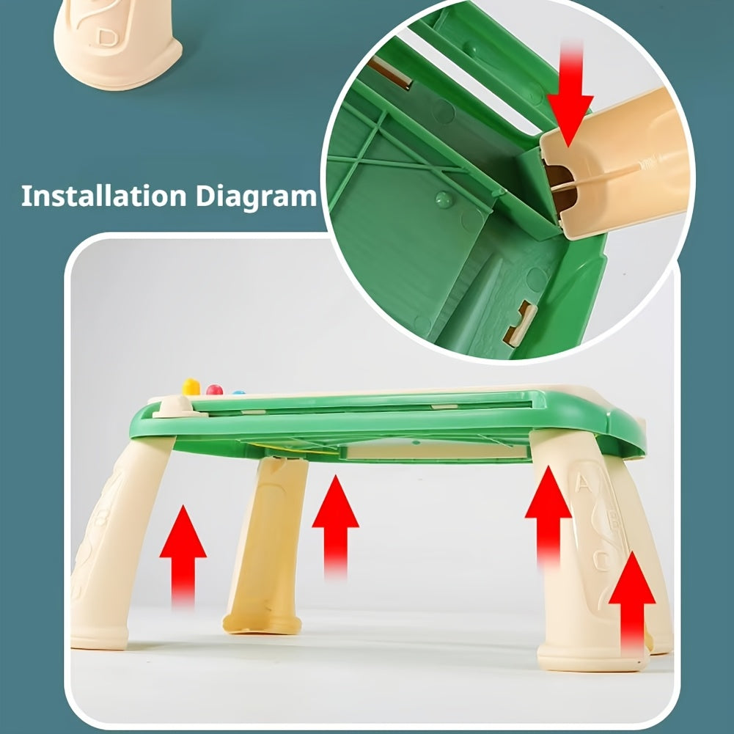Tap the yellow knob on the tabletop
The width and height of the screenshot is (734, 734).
click(191, 386)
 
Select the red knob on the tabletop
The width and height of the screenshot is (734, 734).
click(215, 389)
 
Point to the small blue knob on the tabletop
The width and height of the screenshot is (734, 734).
click(239, 392)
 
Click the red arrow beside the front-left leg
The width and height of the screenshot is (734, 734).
click(183, 557)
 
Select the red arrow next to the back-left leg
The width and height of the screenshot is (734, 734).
click(335, 526)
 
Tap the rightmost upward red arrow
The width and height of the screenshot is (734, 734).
click(632, 604)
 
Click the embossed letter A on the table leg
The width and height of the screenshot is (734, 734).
click(582, 482)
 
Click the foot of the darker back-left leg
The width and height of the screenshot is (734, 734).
click(263, 623)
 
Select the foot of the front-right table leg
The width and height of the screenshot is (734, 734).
click(592, 656)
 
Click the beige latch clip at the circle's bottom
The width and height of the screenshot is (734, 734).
click(520, 323)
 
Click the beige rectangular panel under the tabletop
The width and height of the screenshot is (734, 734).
click(436, 452)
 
